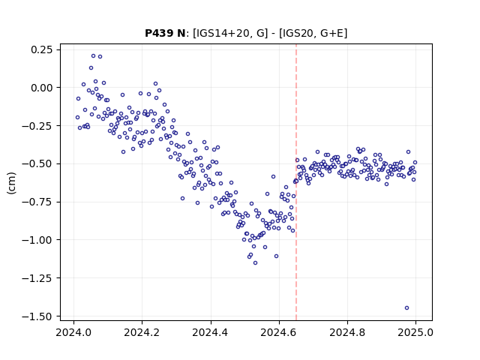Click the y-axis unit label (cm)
11,183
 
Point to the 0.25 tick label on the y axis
42,49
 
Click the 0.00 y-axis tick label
42,88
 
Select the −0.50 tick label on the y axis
37,163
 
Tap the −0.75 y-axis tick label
37,202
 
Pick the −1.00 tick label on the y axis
37,240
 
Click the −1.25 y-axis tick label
37,278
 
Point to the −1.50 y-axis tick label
37,316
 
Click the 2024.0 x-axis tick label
73,332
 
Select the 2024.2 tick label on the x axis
142,332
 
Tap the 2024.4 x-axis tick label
211,332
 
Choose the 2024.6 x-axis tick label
279,332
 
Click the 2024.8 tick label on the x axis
347,332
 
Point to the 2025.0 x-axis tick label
415,332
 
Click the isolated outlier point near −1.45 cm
406,308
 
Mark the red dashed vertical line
296,182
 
